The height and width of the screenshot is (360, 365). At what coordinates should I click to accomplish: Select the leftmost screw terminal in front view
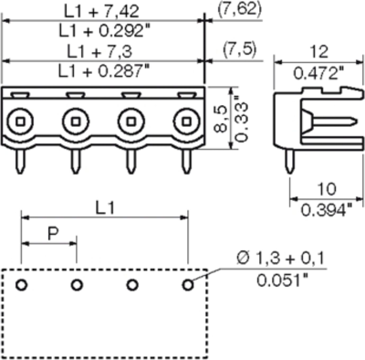pyautogui.click(x=21, y=119)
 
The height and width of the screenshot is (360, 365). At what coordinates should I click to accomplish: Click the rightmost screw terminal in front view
pyautogui.click(x=188, y=119)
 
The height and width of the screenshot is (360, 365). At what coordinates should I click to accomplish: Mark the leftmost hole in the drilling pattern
pyautogui.click(x=21, y=285)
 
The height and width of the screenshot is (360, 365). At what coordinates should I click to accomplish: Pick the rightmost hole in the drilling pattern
pyautogui.click(x=188, y=285)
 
